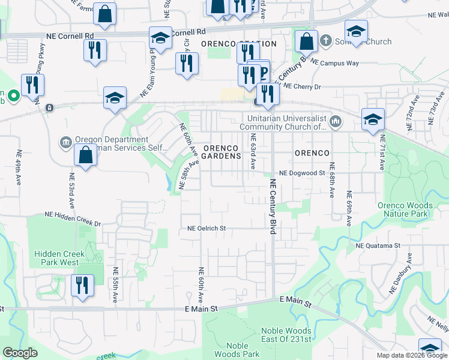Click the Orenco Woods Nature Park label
tap(411, 209)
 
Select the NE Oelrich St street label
tap(206, 228)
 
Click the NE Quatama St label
tap(378, 245)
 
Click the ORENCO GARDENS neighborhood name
tap(221, 152)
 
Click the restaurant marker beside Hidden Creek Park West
tap(82, 284)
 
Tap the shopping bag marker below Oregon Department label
tap(86, 155)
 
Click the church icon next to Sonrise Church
tap(325, 41)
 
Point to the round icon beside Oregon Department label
tap(65, 142)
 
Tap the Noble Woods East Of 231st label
tap(286, 335)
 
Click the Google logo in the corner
tap(20, 353)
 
